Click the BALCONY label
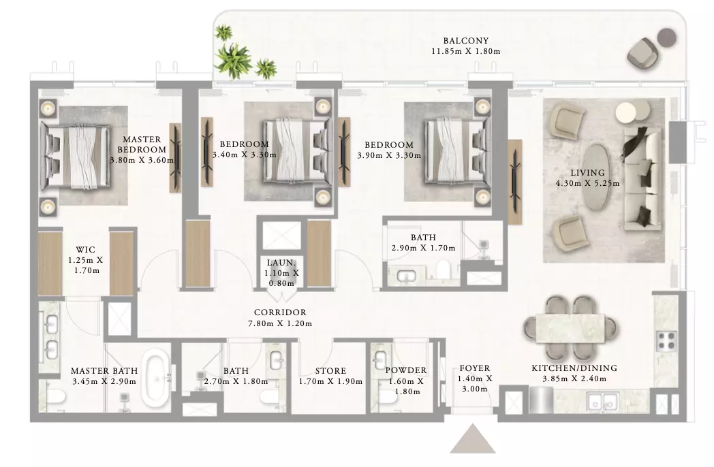pos(466,41)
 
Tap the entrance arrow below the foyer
pos(473,440)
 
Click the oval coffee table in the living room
pos(597,177)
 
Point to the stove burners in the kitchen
pos(666,341)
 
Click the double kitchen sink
pos(602,402)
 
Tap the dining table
pos(570,328)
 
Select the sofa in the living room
pos(642,178)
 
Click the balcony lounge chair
pos(641,53)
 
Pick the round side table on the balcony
pos(668,37)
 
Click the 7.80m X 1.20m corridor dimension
pos(280,323)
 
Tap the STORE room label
pos(330,371)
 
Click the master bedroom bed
pos(76,156)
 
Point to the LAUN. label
pos(281,263)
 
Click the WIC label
pos(85,249)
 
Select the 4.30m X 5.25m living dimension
pos(587,183)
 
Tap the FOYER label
pos(474,368)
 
